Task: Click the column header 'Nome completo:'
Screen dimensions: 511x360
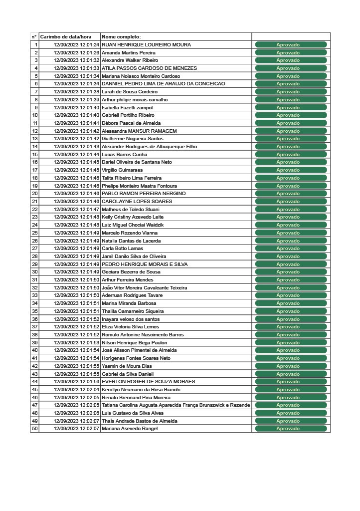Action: [121, 37]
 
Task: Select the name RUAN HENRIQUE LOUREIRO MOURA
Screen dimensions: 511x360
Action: [146, 45]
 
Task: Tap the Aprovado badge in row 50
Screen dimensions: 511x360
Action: [291, 429]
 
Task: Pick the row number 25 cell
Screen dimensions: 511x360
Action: [35, 233]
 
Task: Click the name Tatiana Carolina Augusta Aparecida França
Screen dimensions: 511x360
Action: [176, 405]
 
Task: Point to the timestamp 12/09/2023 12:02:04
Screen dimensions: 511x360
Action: [76, 389]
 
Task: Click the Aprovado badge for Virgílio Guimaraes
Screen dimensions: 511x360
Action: [291, 170]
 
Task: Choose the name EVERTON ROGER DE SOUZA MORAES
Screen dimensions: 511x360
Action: [149, 382]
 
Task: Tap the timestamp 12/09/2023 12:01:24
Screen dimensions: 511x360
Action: [76, 45]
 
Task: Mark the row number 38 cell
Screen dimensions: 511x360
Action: [35, 334]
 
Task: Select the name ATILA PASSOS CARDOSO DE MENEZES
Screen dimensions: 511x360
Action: [149, 68]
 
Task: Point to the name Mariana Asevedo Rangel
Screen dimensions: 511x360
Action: [130, 429]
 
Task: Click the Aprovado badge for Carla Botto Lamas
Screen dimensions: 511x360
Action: [291, 249]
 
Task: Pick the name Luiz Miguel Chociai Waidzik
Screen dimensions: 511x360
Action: [133, 225]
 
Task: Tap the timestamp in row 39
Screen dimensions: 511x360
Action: [76, 342]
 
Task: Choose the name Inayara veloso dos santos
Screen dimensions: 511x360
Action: [131, 319]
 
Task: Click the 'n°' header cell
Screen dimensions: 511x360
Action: [34, 37]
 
